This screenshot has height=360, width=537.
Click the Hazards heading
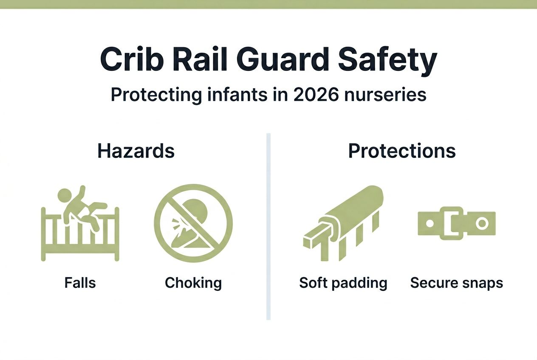point(136,151)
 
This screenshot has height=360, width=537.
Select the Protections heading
point(402,151)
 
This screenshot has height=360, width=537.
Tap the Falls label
point(80,283)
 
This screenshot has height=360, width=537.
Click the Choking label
point(193,283)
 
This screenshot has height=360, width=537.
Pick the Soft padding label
point(343,283)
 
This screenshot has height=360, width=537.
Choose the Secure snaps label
point(457,283)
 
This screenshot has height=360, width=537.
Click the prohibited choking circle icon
point(193,223)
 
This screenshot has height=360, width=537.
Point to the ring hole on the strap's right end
point(482,223)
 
